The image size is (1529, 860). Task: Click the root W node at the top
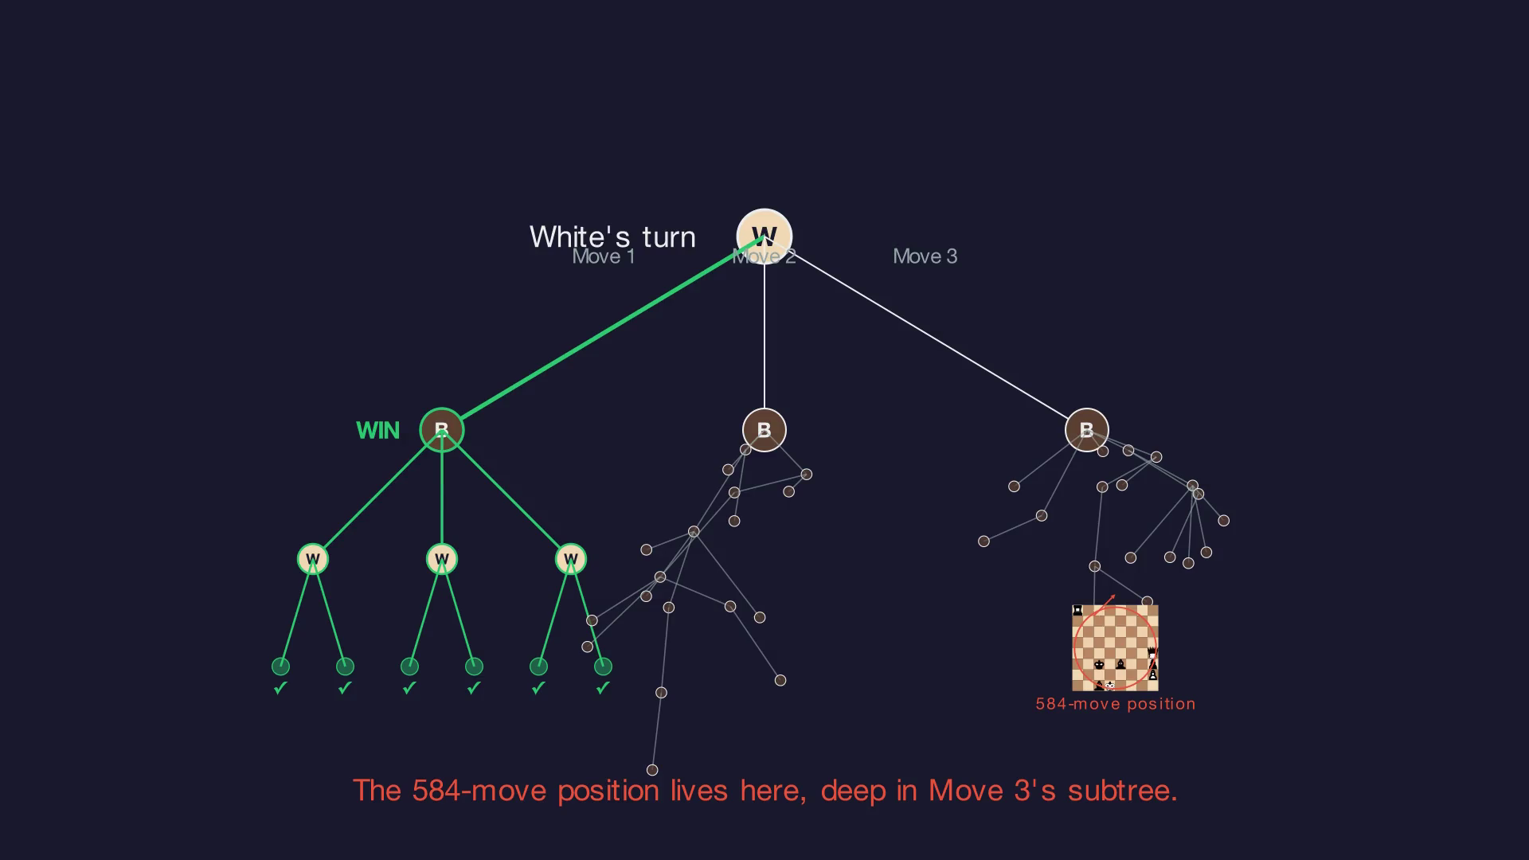(x=764, y=236)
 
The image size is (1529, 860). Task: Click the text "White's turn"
(x=612, y=236)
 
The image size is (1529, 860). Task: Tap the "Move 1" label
(x=604, y=256)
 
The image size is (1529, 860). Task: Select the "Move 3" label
(x=925, y=256)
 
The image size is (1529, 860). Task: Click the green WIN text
(x=377, y=431)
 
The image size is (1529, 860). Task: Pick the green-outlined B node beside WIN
(x=442, y=430)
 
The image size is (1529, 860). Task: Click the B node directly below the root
(x=764, y=430)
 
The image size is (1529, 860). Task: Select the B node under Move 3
(x=1086, y=430)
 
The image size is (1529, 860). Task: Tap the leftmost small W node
(x=313, y=559)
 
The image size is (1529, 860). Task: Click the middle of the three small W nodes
(x=442, y=559)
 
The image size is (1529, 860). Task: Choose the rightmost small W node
(x=570, y=559)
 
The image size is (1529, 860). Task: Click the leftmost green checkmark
(x=280, y=688)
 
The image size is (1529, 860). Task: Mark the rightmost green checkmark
(x=603, y=688)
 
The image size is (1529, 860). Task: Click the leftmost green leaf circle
(x=280, y=666)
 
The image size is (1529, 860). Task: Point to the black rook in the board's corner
(x=1078, y=611)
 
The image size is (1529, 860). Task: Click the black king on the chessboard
(x=1100, y=664)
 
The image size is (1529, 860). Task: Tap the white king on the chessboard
(x=1110, y=686)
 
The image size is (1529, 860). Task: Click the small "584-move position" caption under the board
(x=1115, y=704)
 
